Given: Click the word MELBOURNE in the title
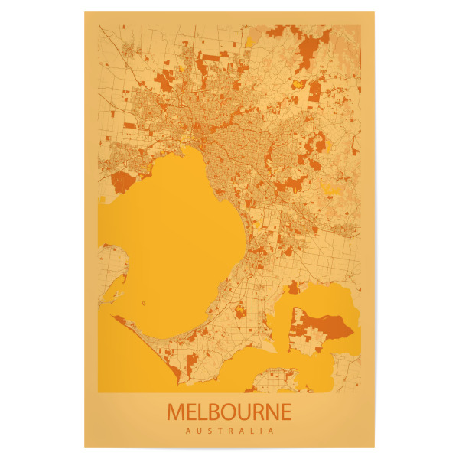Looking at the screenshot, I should [229, 412].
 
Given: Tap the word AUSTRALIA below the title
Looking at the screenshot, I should [229, 431].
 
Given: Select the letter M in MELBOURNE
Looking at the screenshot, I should [175, 412].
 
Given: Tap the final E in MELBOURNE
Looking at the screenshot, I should [286, 412].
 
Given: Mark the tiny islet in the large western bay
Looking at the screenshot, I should [144, 304].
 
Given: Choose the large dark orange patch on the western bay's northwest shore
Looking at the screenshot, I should [123, 181].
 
